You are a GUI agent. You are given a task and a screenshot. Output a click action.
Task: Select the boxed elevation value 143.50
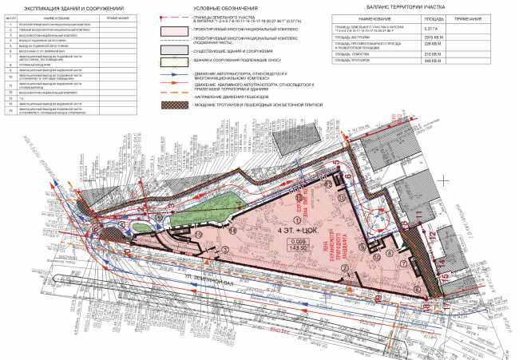tap(299, 248)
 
